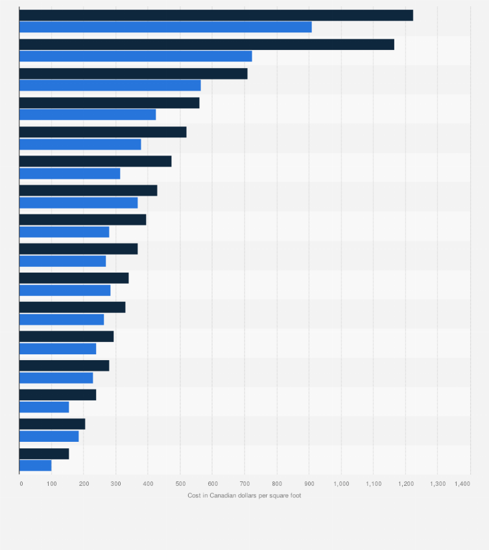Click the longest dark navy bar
point(216,16)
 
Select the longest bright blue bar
point(165,27)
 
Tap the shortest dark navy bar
point(44,453)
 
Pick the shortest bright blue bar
point(36,465)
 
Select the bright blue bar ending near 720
point(136,56)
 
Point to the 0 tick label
point(21,484)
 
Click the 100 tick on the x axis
point(52,484)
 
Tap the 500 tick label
point(180,484)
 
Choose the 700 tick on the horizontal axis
point(244,484)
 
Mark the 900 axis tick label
point(309,484)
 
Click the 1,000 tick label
point(341,484)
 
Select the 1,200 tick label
point(405,484)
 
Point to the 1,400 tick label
point(462,484)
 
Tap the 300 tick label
point(116,484)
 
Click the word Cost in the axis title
point(194,496)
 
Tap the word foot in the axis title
point(295,496)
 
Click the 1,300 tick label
point(438,484)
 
